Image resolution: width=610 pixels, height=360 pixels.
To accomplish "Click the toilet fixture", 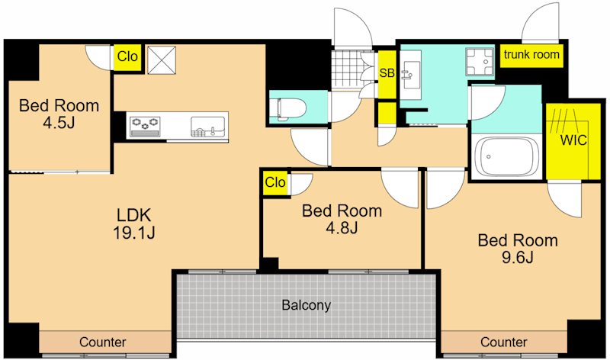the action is tap(292, 108).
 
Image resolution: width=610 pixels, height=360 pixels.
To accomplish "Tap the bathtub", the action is tap(506, 156).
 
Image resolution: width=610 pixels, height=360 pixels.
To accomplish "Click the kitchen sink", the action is tap(207, 127).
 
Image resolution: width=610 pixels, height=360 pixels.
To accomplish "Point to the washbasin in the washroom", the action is tap(410, 74).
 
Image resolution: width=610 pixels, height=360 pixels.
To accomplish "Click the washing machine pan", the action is tap(480, 62).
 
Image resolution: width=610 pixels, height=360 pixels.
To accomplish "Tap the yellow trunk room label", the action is tap(531, 54).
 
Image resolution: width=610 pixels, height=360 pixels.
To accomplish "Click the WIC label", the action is tap(573, 140).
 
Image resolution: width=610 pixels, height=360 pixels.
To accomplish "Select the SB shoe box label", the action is tap(387, 72).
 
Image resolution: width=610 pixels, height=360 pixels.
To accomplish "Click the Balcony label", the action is tap(307, 305).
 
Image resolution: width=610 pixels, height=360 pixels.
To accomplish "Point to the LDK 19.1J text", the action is tap(134, 223).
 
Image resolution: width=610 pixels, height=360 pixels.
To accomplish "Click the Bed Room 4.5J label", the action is tap(59, 114).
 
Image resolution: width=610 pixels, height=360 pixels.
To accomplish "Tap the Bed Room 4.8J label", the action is tap(342, 219).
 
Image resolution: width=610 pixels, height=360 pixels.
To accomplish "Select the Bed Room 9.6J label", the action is tap(518, 249).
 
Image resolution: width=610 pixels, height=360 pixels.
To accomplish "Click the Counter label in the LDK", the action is tap(103, 342).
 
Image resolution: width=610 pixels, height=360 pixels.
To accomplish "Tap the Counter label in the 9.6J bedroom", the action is tap(504, 342).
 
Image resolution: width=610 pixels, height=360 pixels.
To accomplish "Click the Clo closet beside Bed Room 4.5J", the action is tap(127, 56).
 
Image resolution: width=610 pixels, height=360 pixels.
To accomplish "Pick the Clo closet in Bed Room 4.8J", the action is tap(275, 182).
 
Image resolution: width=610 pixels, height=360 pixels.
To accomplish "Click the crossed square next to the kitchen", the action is tap(162, 59).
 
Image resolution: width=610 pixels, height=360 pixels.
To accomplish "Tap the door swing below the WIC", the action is tap(565, 198).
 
